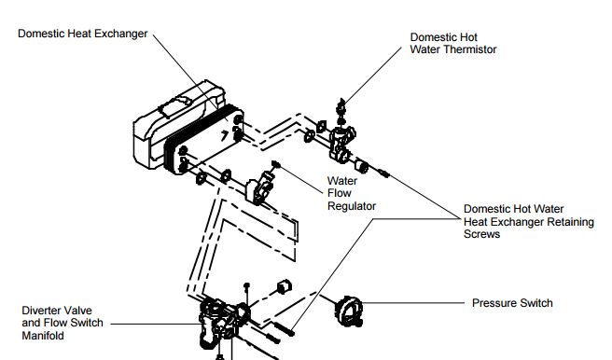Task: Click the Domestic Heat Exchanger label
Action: click(x=83, y=34)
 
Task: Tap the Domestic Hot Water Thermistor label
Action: click(x=453, y=43)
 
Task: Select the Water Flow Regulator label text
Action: click(x=352, y=193)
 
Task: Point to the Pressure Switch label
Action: click(x=512, y=303)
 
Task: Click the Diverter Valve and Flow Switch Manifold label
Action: click(x=63, y=323)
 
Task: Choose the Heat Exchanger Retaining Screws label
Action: click(x=528, y=222)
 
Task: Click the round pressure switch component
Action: click(x=349, y=312)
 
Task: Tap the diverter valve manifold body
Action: click(x=222, y=322)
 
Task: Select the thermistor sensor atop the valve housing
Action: click(x=341, y=111)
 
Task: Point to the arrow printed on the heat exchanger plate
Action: click(x=225, y=135)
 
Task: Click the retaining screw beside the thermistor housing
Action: click(x=382, y=173)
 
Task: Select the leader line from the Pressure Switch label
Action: click(x=413, y=303)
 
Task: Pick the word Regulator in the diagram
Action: click(x=352, y=206)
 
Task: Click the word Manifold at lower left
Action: click(x=43, y=336)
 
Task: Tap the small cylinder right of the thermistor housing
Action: click(x=362, y=167)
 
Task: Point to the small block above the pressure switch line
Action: click(x=285, y=286)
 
